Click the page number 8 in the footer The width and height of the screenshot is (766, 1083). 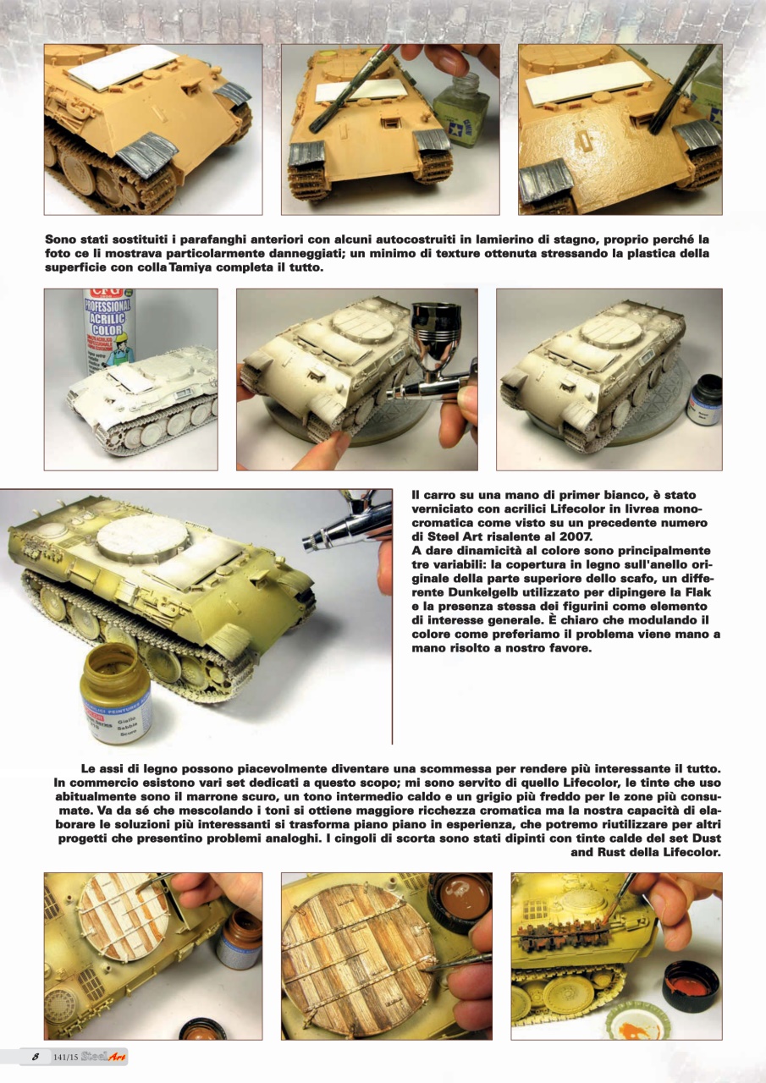[35, 1057]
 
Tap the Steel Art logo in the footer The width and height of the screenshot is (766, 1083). [105, 1057]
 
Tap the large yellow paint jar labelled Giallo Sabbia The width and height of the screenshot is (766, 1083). [116, 690]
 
